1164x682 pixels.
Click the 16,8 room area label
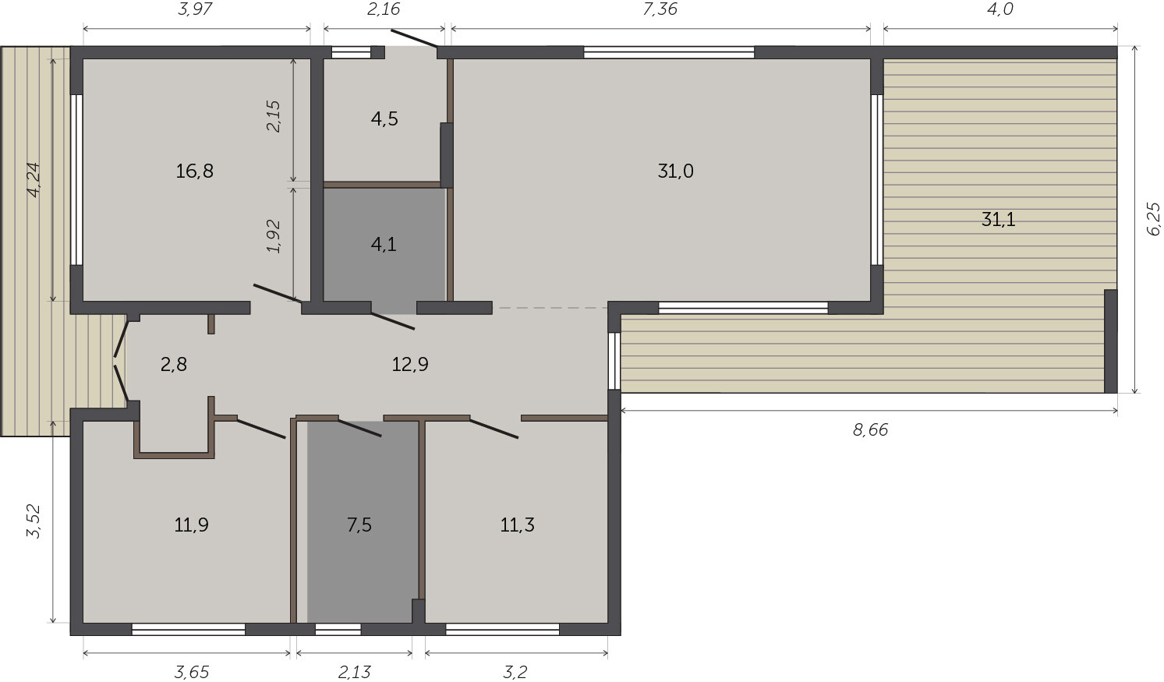(x=194, y=171)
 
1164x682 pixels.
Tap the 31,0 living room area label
(x=675, y=171)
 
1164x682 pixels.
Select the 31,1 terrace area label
(x=998, y=220)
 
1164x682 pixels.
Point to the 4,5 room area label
(x=384, y=119)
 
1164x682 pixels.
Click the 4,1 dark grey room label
(x=384, y=244)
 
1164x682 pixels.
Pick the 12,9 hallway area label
(x=410, y=365)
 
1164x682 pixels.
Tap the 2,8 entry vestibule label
(x=174, y=365)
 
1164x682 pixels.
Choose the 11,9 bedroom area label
(x=191, y=525)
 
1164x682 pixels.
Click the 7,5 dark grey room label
(x=359, y=525)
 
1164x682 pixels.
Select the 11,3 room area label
(x=517, y=525)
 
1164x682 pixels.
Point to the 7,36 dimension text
(x=660, y=9)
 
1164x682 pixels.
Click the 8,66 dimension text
(x=870, y=430)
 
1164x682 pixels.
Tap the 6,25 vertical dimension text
(x=1152, y=219)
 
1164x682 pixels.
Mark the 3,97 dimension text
(x=195, y=9)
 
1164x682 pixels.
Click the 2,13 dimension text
(x=355, y=672)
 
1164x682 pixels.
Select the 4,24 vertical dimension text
(x=34, y=180)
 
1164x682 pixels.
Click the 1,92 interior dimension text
(x=274, y=236)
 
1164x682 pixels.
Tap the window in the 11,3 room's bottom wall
(x=503, y=629)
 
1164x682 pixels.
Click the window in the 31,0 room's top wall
(x=669, y=52)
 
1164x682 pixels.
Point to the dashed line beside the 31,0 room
(x=550, y=308)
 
